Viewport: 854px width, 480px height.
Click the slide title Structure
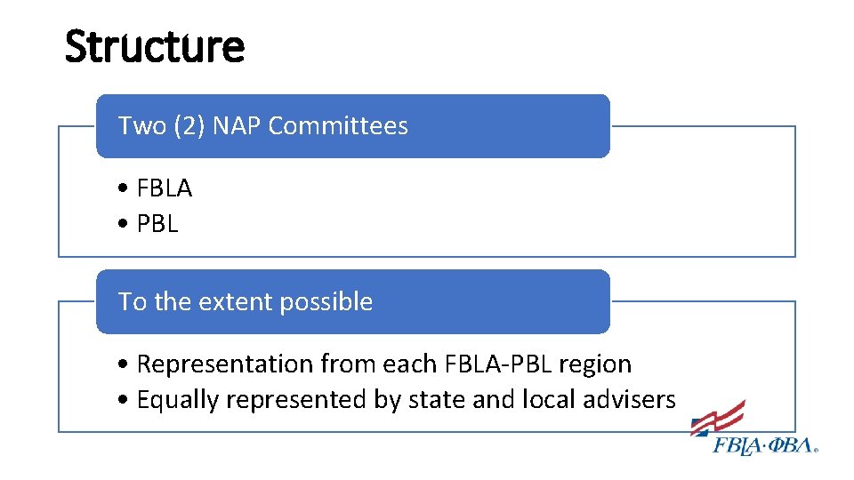[154, 46]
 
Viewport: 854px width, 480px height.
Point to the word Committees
[338, 126]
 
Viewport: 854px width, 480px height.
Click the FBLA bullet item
[165, 188]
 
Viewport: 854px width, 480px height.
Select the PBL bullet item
[157, 225]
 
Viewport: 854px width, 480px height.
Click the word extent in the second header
[235, 302]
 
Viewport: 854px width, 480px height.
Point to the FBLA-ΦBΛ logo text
[765, 445]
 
